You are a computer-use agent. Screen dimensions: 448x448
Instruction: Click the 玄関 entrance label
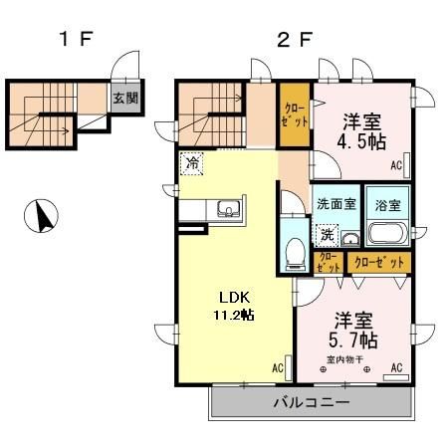point(123,98)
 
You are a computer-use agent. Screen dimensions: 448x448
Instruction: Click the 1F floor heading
point(75,41)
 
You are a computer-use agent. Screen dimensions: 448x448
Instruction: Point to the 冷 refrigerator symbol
point(190,162)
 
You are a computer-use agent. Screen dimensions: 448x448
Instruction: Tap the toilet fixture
point(295,253)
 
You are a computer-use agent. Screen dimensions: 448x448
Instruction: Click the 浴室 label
point(387,205)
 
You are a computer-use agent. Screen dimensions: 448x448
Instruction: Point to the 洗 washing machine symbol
point(327,235)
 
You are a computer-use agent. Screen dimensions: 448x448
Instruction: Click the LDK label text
point(235,297)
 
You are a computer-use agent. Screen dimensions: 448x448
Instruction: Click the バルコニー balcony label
point(311,404)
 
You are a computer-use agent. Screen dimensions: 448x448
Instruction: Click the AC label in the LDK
point(278,368)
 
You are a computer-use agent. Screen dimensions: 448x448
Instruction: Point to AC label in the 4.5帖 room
point(395,165)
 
